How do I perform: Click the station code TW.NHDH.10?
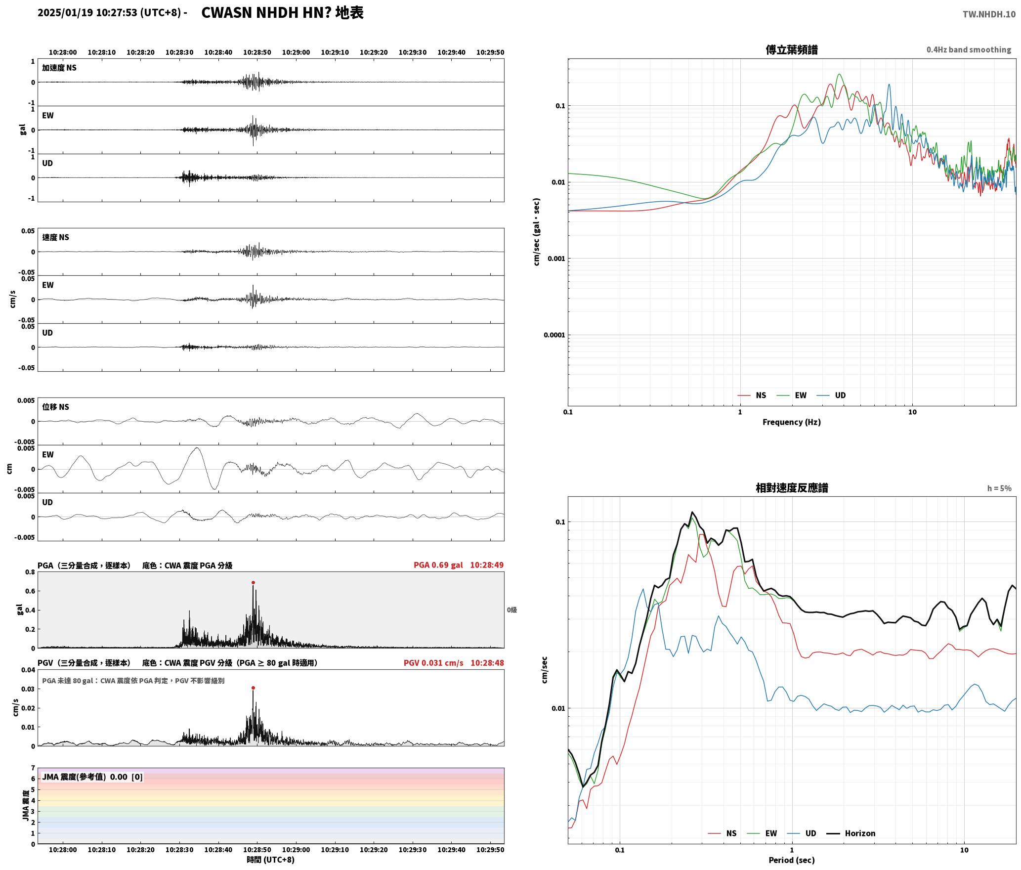[989, 14]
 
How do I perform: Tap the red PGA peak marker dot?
[253, 583]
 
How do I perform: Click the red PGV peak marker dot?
[253, 688]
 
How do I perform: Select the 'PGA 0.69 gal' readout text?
[438, 565]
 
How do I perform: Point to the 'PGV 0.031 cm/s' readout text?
[433, 663]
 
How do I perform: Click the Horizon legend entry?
[851, 833]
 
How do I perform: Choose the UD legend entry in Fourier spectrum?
[831, 395]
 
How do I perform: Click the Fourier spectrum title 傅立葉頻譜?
[792, 50]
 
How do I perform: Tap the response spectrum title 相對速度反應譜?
[792, 488]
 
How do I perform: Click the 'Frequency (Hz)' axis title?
[792, 422]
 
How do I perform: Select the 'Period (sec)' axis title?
[792, 860]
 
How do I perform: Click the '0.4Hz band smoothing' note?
[969, 50]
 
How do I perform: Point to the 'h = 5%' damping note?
[999, 488]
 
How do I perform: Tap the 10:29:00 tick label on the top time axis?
[296, 52]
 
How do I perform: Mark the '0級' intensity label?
[512, 610]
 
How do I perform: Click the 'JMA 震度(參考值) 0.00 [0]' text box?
[92, 777]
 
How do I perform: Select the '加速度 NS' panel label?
[59, 68]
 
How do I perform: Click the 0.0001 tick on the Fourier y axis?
[554, 335]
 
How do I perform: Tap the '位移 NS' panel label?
[55, 407]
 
